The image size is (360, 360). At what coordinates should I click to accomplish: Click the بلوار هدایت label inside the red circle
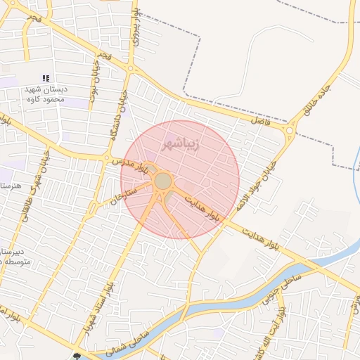(202, 209)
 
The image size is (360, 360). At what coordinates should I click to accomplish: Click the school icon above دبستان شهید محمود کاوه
(46, 78)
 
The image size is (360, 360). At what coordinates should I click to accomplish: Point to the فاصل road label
(260, 121)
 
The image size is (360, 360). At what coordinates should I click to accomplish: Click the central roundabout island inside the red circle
(163, 181)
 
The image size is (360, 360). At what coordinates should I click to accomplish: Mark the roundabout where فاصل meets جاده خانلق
(290, 130)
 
